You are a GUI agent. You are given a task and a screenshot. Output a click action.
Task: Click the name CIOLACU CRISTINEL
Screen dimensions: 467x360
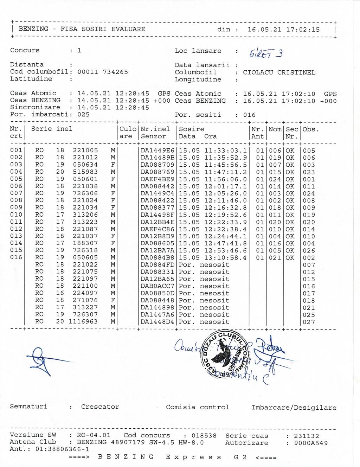279,72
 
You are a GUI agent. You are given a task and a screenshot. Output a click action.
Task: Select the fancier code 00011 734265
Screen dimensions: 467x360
103,72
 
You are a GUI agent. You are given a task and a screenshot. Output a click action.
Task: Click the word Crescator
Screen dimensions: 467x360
100,407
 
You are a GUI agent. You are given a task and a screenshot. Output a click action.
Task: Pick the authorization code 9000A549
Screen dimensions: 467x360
311,443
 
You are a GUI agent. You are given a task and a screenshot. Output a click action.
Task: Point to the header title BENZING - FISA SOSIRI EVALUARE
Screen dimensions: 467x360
82,29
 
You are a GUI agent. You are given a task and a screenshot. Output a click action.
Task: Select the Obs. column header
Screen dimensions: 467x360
310,129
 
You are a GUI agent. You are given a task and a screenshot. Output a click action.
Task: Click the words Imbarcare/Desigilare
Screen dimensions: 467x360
294,408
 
